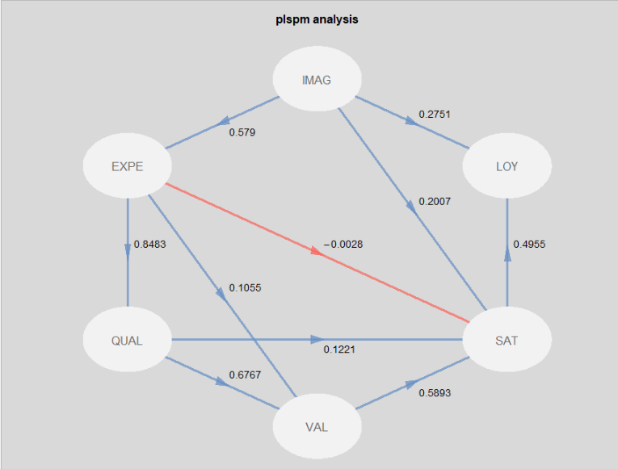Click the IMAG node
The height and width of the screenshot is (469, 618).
[317, 80]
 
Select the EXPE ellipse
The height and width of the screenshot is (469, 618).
[127, 167]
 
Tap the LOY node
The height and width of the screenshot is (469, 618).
[507, 167]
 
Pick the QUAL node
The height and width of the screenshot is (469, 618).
[127, 341]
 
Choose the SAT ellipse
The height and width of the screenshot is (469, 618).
[507, 340]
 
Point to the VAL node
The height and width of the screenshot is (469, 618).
[317, 427]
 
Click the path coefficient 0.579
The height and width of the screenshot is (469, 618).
[242, 132]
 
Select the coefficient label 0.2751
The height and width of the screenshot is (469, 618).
[435, 115]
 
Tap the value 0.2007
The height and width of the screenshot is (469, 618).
[435, 201]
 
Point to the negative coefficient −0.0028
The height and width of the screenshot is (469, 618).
[343, 244]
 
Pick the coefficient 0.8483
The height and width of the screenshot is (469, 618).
[150, 244]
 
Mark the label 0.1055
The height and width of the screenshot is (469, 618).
[245, 287]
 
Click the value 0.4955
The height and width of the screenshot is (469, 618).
[529, 244]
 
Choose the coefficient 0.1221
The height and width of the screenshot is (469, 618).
[339, 350]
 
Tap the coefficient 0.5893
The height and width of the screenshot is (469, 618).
[435, 393]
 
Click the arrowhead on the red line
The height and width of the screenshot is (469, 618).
[317, 252]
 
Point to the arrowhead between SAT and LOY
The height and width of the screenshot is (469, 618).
[507, 253]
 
